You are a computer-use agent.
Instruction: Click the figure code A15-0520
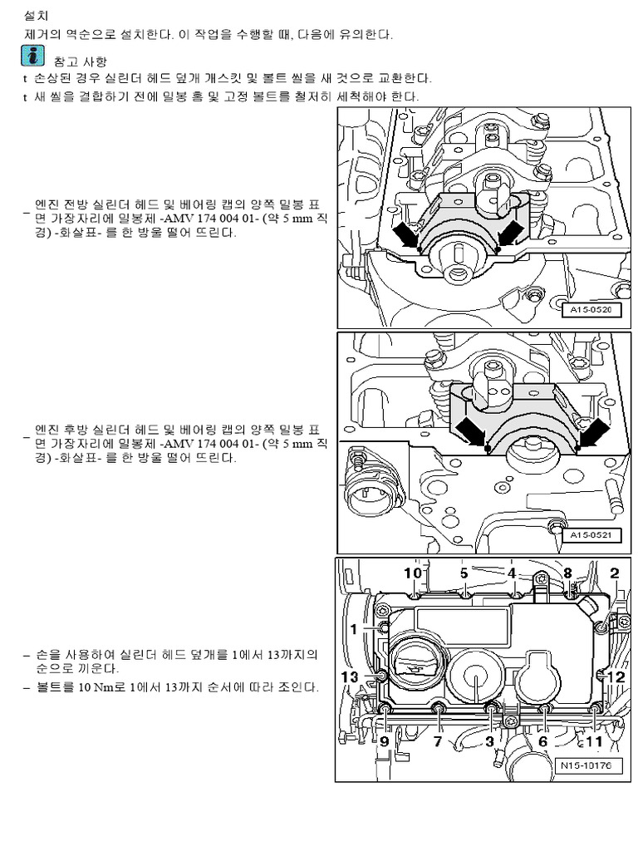tap(591, 310)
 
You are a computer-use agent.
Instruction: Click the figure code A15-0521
tap(591, 535)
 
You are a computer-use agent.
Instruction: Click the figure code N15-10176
tap(585, 765)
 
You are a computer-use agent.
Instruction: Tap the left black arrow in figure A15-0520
tap(406, 234)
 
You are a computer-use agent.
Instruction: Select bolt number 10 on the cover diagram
tap(413, 573)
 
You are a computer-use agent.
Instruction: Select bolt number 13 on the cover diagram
tap(351, 677)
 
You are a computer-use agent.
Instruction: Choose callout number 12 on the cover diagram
tap(616, 676)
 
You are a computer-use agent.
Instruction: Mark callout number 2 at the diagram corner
tap(615, 573)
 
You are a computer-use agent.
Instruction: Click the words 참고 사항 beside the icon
tap(80, 61)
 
